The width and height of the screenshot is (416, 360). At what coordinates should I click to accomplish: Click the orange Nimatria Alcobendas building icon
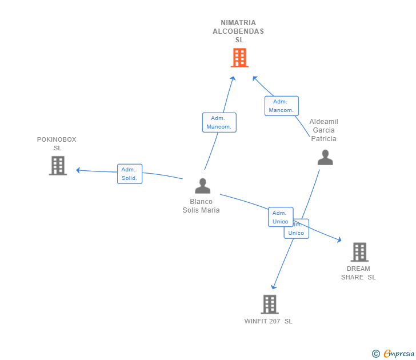[x=239, y=58]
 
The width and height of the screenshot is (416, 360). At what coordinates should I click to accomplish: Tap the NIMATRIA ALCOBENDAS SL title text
[x=238, y=31]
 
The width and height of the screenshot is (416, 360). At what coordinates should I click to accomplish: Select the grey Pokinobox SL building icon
[x=58, y=165]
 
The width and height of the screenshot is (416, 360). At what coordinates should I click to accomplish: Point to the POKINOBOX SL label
[x=57, y=143]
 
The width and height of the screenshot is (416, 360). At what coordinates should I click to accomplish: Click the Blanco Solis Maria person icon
[x=202, y=186]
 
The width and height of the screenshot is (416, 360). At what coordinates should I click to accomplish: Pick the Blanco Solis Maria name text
[x=201, y=206]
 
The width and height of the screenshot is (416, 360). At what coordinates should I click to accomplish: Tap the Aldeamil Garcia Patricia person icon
[x=325, y=157]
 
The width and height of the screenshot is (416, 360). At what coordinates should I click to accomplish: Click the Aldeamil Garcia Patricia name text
[x=323, y=130]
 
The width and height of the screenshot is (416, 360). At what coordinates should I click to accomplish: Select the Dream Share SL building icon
[x=359, y=252]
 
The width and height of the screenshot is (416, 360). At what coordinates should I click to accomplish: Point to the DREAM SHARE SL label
[x=358, y=273]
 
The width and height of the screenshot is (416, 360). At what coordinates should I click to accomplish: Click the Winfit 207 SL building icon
[x=269, y=304]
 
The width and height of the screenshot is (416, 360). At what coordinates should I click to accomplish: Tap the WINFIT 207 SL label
[x=268, y=321]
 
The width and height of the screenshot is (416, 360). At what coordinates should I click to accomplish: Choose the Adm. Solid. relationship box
[x=130, y=174]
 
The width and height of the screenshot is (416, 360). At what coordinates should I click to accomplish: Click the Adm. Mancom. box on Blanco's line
[x=219, y=122]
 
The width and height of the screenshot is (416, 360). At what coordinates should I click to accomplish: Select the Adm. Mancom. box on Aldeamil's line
[x=281, y=106]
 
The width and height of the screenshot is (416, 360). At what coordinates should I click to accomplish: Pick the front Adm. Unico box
[x=280, y=217]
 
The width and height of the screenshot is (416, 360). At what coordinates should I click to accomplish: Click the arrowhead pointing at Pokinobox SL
[x=78, y=170]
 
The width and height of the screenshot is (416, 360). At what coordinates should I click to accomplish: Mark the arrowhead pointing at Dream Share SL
[x=339, y=240]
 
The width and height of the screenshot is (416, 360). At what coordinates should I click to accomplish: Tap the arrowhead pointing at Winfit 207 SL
[x=274, y=287]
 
